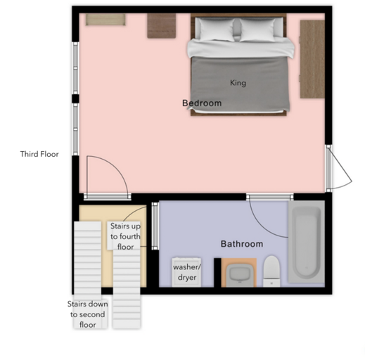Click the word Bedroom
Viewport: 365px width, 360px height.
click(202, 103)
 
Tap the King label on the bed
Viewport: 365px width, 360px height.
click(238, 83)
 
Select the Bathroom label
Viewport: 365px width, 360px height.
click(242, 244)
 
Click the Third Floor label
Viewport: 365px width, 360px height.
click(39, 154)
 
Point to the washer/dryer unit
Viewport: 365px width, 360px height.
click(186, 271)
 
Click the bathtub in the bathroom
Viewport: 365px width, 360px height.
click(307, 243)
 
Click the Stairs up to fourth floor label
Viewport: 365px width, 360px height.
click(125, 237)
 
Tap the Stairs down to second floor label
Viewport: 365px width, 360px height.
click(88, 314)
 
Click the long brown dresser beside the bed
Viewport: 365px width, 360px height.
click(312, 58)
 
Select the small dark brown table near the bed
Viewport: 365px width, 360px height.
click(161, 26)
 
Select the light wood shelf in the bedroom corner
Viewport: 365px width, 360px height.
click(106, 19)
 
